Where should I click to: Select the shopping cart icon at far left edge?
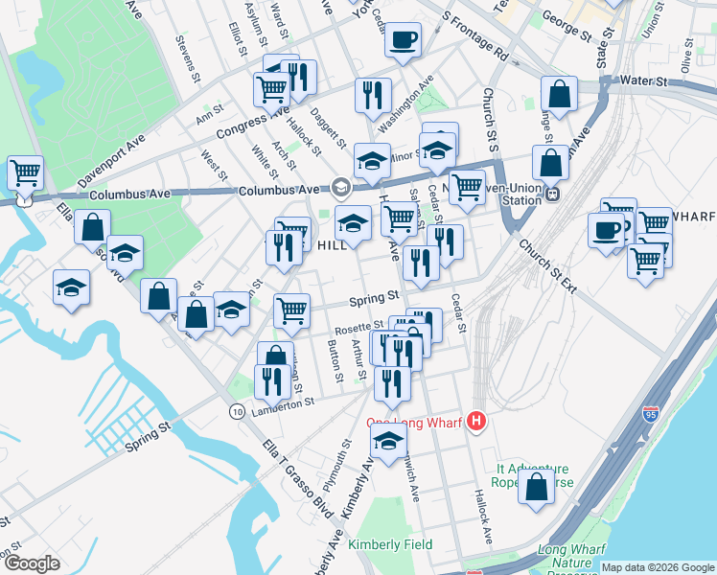[24, 172]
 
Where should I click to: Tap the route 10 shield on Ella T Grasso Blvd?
[236, 411]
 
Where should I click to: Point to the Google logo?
[32, 563]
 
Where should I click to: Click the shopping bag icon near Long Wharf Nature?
[536, 486]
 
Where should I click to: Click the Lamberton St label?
[283, 404]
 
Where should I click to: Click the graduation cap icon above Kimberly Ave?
[387, 442]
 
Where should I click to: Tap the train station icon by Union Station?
[552, 194]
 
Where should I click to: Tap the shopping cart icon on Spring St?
[291, 310]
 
